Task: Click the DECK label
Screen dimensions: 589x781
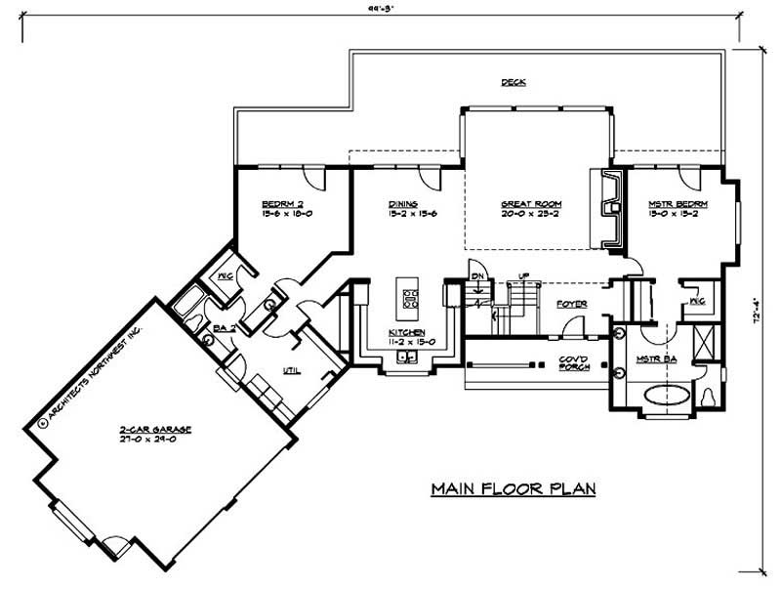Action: (514, 82)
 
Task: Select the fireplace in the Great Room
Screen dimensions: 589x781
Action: (609, 206)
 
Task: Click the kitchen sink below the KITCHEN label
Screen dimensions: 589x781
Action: (406, 358)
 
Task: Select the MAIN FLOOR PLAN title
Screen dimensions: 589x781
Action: (514, 487)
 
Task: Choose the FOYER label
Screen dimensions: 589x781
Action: (571, 304)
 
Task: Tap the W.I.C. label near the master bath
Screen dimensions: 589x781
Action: (697, 302)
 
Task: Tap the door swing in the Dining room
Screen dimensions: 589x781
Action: (427, 179)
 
